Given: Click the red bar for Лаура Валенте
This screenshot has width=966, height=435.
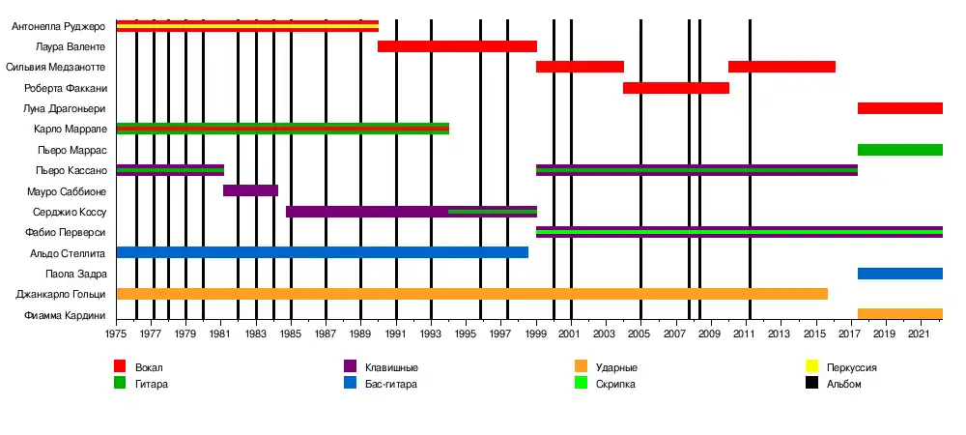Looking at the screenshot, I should coord(457,46).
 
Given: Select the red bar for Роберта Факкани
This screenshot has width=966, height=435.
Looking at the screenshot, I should coord(675,88).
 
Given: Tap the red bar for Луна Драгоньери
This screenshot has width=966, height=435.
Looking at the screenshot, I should coord(899,108).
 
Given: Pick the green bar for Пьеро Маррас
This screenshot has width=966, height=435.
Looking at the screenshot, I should coord(899,150).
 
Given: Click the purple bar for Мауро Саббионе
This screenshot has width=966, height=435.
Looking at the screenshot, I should coord(250,190).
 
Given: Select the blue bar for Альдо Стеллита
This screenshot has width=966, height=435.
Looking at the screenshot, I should coord(322,252).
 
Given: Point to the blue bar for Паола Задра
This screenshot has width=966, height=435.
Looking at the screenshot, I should coord(899,274).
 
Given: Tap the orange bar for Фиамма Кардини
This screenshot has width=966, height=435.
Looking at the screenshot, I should coord(899,314).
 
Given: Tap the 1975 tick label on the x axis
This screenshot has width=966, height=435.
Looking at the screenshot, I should coord(117,334).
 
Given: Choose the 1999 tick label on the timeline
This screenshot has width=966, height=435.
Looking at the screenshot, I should coord(535,334).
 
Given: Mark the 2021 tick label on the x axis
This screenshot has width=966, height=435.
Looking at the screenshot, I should coord(919,334).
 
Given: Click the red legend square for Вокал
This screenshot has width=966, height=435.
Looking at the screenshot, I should coord(120,367).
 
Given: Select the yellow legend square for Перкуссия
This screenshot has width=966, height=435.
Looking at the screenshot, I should coord(812,367).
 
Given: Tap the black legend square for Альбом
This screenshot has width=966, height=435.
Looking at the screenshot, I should coord(812,384).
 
